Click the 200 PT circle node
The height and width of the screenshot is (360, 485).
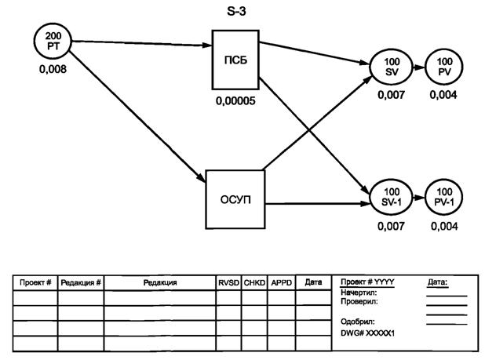(51, 41)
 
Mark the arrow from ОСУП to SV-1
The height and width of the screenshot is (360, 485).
(314, 206)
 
